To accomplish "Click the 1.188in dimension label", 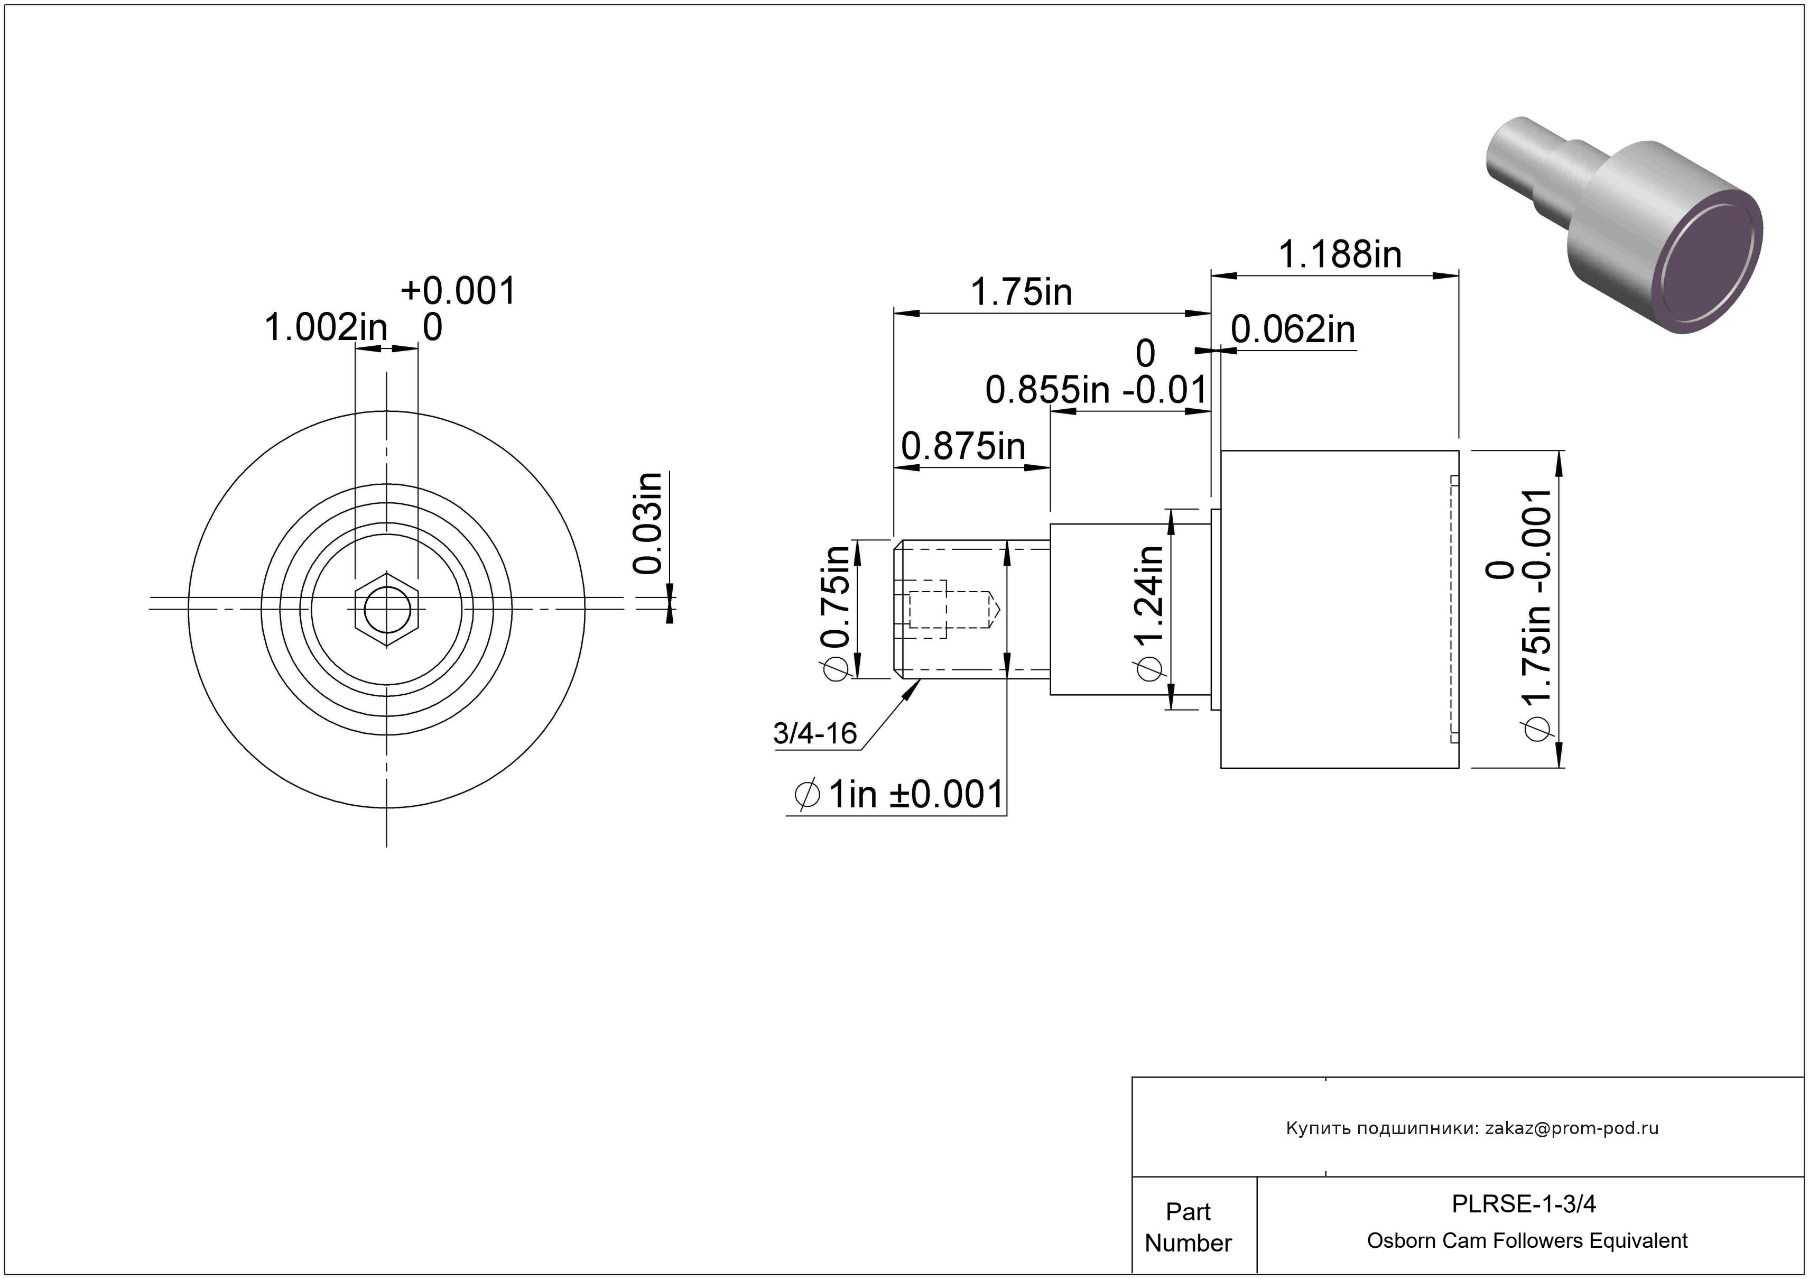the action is click(x=1339, y=254).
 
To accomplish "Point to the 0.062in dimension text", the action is click(x=1293, y=329).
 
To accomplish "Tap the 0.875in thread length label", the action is click(x=963, y=447).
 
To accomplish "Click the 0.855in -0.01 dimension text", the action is click(x=1097, y=389).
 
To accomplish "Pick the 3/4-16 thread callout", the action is click(x=815, y=733).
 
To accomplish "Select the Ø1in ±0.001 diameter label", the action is click(x=899, y=794).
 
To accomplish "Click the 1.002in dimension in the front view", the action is click(x=326, y=327).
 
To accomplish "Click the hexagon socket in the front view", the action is click(x=386, y=609).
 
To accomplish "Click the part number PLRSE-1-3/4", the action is click(x=1524, y=1204).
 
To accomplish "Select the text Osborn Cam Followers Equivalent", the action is click(x=1527, y=1240).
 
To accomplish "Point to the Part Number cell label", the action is click(x=1188, y=1227).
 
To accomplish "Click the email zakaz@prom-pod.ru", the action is click(x=1572, y=1128).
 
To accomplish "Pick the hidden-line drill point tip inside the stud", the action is click(x=1000, y=609).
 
